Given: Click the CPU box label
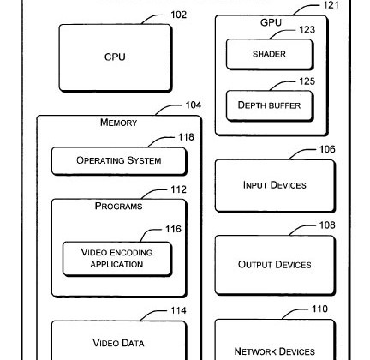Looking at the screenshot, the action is pyautogui.click(x=115, y=57).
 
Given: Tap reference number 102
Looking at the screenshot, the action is pyautogui.click(x=178, y=15).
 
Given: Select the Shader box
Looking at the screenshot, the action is pyautogui.click(x=270, y=54).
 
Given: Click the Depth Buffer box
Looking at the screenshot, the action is pyautogui.click(x=270, y=105).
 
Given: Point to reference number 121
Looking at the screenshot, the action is pyautogui.click(x=331, y=5).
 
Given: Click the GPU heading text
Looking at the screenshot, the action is pyautogui.click(x=271, y=22).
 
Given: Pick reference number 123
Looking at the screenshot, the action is pyautogui.click(x=307, y=30).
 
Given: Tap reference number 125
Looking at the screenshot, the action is pyautogui.click(x=307, y=81).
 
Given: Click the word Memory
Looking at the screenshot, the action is pyautogui.click(x=118, y=123).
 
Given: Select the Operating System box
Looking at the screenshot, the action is pyautogui.click(x=119, y=161).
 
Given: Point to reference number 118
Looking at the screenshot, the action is pyautogui.click(x=186, y=137).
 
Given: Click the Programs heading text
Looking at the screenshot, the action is pyautogui.click(x=118, y=206).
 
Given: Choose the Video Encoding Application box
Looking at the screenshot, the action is pyautogui.click(x=117, y=259).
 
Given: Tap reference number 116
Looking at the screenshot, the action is pyautogui.click(x=173, y=229).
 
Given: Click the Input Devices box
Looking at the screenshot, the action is pyautogui.click(x=275, y=186).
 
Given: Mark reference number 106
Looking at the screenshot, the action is pyautogui.click(x=327, y=149).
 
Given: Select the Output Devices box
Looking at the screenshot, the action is pyautogui.click(x=275, y=265).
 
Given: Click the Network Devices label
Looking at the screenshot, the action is pyautogui.click(x=275, y=351).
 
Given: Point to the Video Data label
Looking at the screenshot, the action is pyautogui.click(x=118, y=343).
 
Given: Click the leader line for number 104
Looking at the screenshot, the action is pyautogui.click(x=167, y=107).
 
